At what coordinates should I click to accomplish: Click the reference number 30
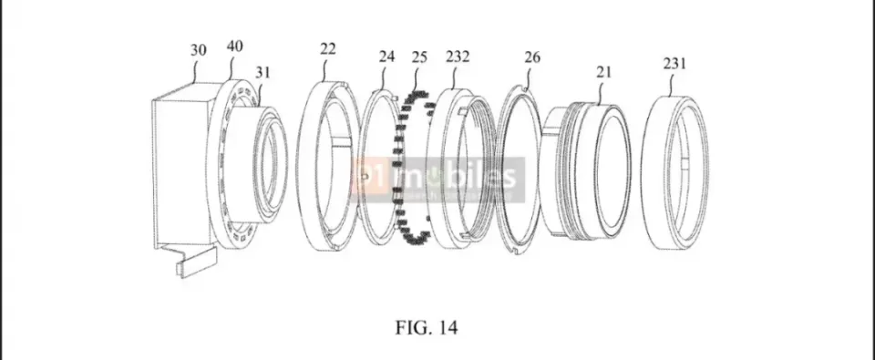pyautogui.click(x=198, y=50)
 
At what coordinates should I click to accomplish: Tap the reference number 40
pyautogui.click(x=235, y=46)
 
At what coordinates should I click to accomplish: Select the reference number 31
pyautogui.click(x=263, y=72)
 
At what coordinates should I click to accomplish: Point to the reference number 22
pyautogui.click(x=328, y=49)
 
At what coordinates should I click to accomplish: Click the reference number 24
pyautogui.click(x=386, y=57)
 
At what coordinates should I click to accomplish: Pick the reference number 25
pyautogui.click(x=419, y=57)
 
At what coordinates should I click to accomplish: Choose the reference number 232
pyautogui.click(x=458, y=57)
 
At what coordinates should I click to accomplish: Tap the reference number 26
pyautogui.click(x=532, y=57)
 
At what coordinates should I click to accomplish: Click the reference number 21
pyautogui.click(x=603, y=72)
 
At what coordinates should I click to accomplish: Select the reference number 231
pyautogui.click(x=674, y=64)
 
